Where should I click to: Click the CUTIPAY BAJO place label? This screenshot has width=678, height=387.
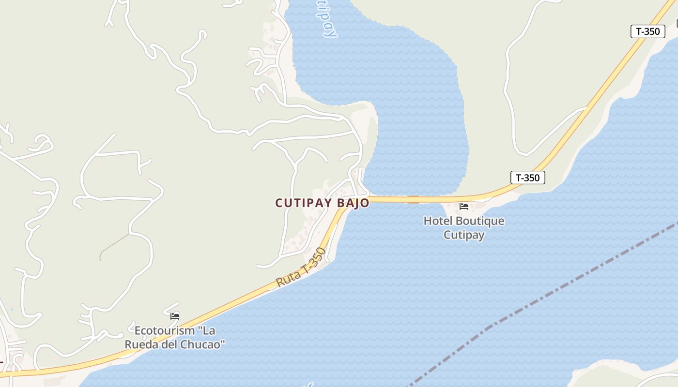coord(322,203)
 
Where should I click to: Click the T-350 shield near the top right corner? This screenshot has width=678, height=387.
coord(647,31)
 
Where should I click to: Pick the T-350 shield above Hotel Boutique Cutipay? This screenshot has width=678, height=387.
coord(527,178)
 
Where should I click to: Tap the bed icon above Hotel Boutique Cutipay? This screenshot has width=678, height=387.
coord(464,207)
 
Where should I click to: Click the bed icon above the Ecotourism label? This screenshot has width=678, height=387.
coord(175,316)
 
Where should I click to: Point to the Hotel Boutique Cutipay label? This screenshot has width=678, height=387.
coord(464,228)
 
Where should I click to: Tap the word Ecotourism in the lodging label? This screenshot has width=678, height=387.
coord(163,331)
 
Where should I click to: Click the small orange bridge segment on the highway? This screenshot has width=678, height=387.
coord(413,199)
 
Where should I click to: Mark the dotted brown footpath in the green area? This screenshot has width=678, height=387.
coord(113,247)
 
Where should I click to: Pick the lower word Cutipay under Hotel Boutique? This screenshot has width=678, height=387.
coord(464,235)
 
